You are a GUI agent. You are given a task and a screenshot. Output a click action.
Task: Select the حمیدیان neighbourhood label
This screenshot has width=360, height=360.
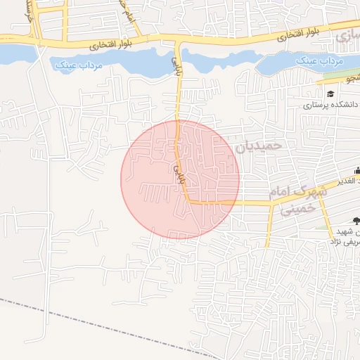pos(257,146)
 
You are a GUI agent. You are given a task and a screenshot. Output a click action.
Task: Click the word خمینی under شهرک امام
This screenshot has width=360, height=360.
pos(296,207)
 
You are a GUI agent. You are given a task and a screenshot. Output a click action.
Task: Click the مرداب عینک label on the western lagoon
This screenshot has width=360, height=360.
pos(78,66)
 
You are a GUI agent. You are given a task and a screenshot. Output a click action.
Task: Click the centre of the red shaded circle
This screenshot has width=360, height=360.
pos(180,179)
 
